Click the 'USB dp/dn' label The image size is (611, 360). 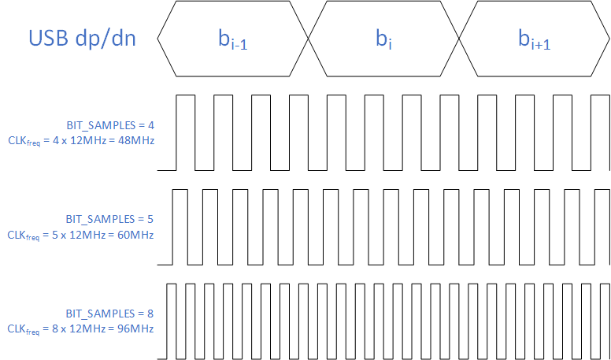point(82,38)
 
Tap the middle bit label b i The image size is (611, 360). point(383,39)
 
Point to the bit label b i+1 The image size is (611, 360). point(534,39)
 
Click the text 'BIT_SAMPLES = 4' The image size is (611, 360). point(110,125)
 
